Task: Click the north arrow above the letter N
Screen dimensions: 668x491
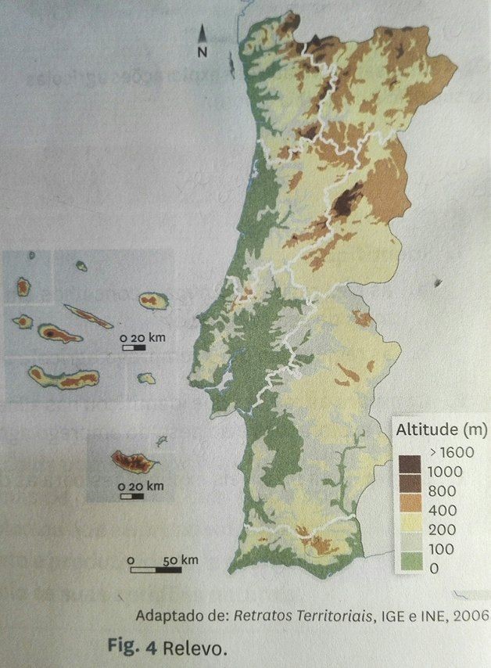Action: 202,34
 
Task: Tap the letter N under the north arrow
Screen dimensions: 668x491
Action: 202,52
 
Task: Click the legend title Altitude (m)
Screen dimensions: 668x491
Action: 442,429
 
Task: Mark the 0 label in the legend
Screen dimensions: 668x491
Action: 433,569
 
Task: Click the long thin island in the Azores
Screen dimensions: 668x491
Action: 88,317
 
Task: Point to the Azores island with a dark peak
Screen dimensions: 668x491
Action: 59,334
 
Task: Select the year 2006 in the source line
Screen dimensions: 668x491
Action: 471,615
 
